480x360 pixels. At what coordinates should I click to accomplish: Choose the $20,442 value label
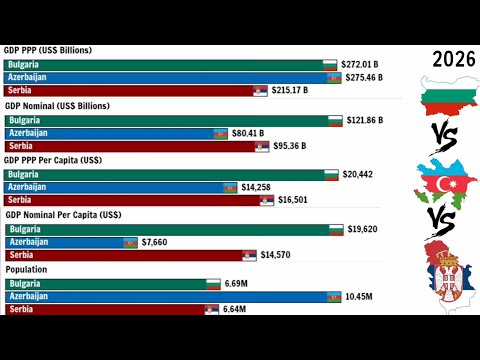point(358,174)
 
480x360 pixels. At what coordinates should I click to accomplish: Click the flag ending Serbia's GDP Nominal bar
point(262,146)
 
